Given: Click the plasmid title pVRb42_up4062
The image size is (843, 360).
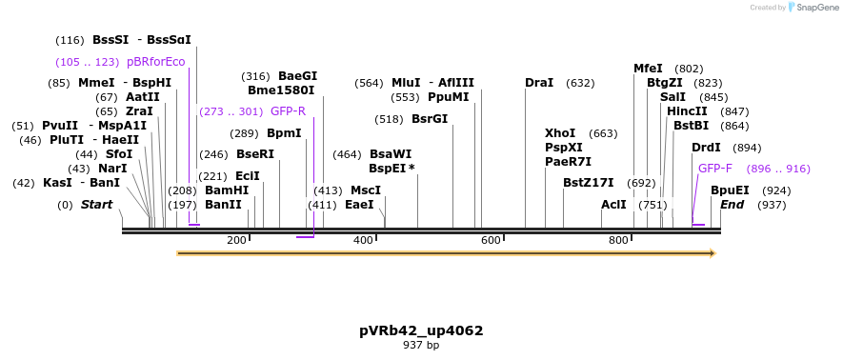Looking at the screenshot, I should [x=421, y=330].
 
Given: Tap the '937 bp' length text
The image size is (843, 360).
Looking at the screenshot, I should [x=421, y=345].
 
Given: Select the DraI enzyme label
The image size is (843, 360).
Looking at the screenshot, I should [x=539, y=83].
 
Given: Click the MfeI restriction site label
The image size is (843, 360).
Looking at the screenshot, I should [x=648, y=69].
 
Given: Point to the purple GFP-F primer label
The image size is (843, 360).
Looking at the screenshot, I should [x=715, y=169].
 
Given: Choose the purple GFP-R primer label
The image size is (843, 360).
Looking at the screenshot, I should [x=288, y=111].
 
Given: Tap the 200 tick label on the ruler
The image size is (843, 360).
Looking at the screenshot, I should [x=236, y=240].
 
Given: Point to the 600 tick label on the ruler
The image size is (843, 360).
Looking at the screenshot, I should [x=491, y=240].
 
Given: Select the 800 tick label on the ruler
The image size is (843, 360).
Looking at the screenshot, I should [x=618, y=240].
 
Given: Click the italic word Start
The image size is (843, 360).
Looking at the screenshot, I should [x=96, y=205].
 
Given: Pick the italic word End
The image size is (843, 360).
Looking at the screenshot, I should [x=733, y=205].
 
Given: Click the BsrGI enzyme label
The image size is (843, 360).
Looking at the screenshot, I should [x=430, y=119].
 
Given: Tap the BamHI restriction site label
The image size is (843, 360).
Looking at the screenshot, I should [x=227, y=190].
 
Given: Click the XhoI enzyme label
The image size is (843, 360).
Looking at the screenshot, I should [x=560, y=133].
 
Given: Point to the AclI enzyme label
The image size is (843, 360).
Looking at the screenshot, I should [x=613, y=205].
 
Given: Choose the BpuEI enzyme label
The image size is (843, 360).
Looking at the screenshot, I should [x=730, y=190].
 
